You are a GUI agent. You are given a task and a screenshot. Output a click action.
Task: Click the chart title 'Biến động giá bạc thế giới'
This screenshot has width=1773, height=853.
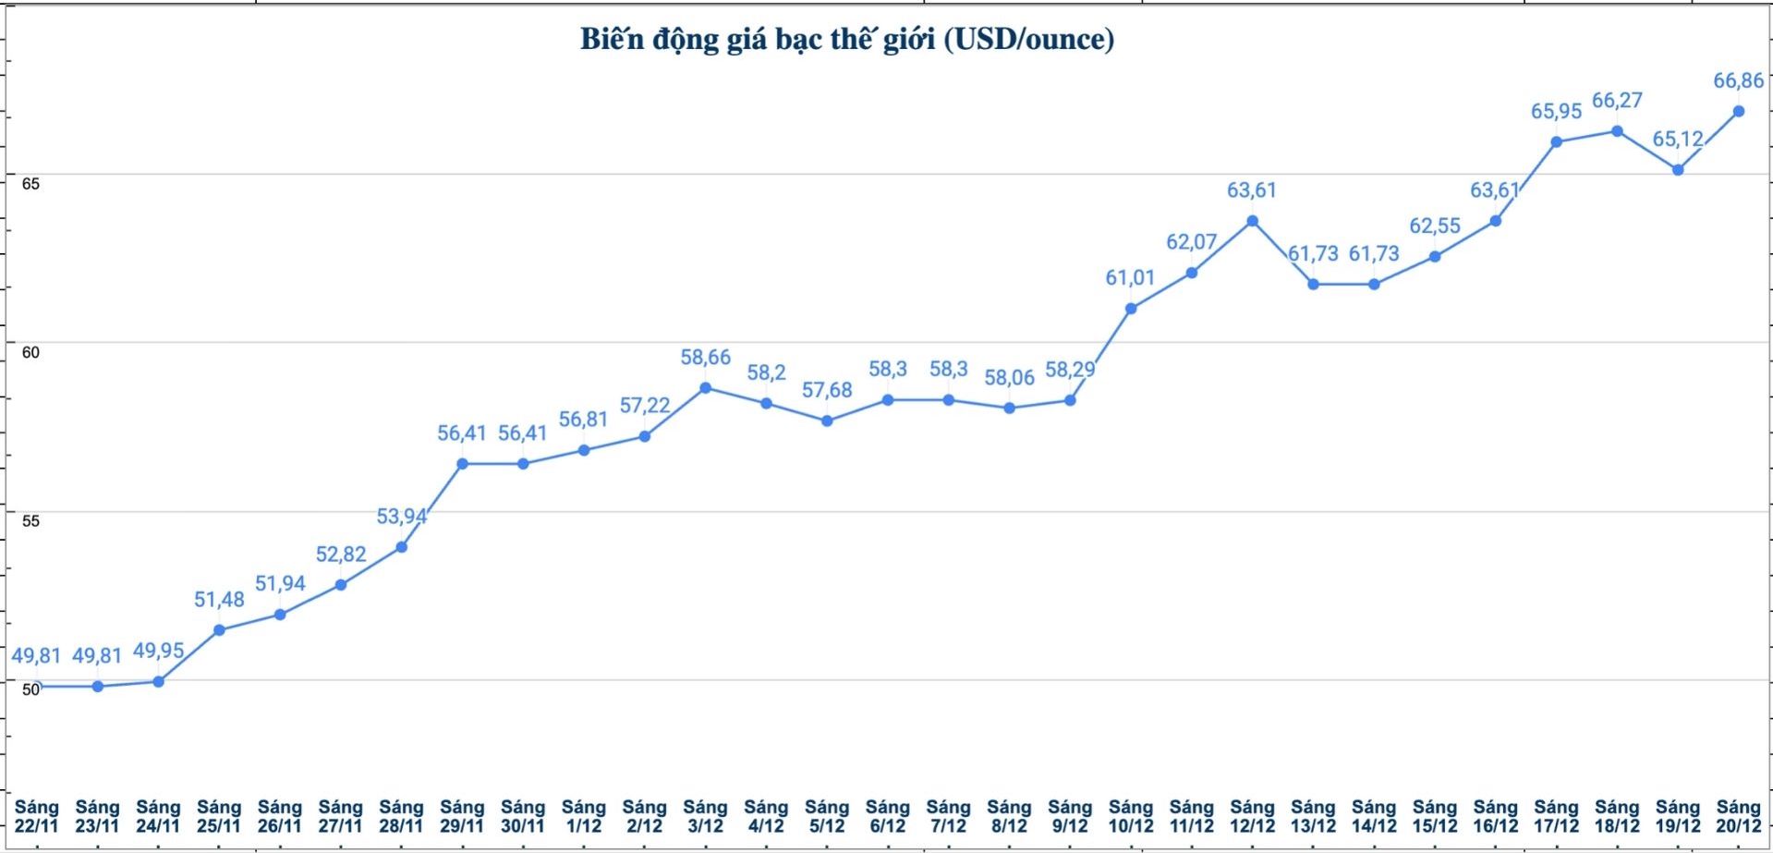click(x=846, y=40)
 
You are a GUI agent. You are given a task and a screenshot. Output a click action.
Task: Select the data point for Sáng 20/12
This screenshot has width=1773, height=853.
click(x=1738, y=111)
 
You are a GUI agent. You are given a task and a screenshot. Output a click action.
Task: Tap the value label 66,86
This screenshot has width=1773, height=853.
click(x=1738, y=80)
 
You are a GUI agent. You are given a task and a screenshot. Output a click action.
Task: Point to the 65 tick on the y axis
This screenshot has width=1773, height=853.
click(x=30, y=183)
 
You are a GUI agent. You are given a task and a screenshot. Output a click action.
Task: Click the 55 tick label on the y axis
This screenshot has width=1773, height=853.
click(x=30, y=520)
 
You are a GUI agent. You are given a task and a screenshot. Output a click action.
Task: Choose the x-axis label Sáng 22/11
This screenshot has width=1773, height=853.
click(x=36, y=816)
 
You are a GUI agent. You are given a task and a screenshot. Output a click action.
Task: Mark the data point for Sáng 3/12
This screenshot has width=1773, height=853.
click(x=705, y=388)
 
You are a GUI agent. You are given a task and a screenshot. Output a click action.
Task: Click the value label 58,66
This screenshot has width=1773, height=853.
click(x=705, y=358)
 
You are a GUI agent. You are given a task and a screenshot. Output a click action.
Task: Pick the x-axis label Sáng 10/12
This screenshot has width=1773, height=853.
click(x=1130, y=816)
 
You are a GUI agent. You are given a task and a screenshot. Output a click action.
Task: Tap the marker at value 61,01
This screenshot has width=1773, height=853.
click(x=1130, y=309)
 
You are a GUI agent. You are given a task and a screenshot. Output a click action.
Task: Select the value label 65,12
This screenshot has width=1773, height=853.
click(x=1677, y=139)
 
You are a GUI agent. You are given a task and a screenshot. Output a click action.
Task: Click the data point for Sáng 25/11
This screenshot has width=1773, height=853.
click(x=219, y=630)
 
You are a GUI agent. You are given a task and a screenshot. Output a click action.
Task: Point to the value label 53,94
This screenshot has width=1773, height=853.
click(x=401, y=516)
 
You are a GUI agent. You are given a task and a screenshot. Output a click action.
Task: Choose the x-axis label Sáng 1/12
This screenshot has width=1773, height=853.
click(x=583, y=816)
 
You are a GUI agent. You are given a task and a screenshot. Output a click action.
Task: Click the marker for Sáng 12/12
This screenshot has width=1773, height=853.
click(x=1252, y=221)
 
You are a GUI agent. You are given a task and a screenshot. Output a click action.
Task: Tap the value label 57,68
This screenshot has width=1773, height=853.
click(x=826, y=390)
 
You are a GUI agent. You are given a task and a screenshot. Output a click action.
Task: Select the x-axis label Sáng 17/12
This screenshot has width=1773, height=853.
click(x=1556, y=816)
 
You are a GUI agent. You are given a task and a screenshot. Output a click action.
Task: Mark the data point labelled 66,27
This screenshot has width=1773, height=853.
click(x=1617, y=131)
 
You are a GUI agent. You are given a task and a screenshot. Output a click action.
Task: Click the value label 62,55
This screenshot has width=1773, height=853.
click(x=1434, y=225)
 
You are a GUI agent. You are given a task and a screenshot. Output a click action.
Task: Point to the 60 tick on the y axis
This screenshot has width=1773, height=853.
click(x=30, y=352)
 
